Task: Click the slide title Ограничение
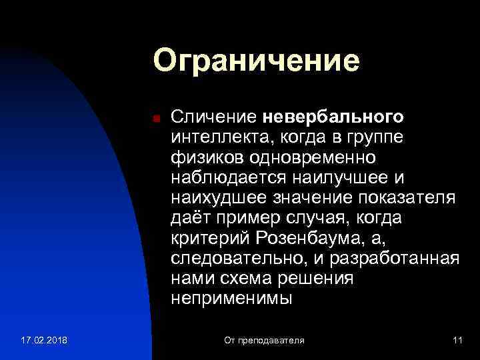(x=256, y=61)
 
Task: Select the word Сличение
(x=213, y=117)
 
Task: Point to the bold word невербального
(x=332, y=117)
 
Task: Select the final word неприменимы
(x=231, y=297)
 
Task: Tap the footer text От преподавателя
(x=264, y=341)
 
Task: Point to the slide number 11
(x=457, y=341)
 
